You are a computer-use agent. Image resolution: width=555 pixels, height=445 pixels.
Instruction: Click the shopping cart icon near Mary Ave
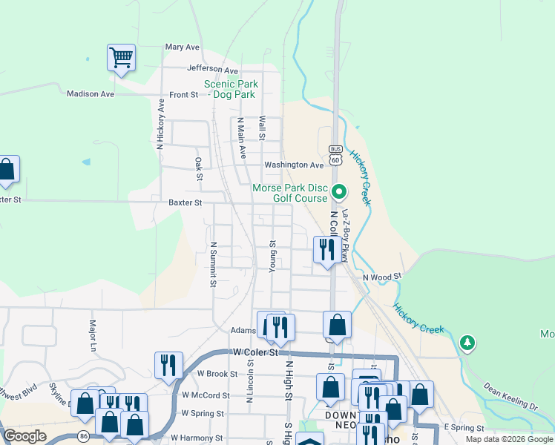[121, 57]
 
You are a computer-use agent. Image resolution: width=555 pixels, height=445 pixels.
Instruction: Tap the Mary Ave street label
[183, 47]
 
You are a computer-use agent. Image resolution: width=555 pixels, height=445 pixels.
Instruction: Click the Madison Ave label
[91, 94]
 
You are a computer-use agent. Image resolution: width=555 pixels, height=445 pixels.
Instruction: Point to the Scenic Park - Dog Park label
[231, 90]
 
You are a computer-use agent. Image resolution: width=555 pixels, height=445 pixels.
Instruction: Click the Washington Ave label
[295, 165]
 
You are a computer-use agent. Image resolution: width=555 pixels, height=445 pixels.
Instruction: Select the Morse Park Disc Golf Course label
[290, 193]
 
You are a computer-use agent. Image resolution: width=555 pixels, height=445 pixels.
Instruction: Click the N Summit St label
[213, 263]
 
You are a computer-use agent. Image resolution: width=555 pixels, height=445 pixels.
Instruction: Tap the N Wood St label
[381, 277]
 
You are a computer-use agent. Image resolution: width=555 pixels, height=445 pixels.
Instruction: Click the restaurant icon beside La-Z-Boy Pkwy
[326, 249]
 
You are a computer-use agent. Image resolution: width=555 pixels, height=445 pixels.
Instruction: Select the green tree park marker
[467, 343]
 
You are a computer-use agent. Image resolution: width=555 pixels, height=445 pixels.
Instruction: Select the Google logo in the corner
[24, 437]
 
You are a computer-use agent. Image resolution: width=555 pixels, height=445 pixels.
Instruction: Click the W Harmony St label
[197, 438]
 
